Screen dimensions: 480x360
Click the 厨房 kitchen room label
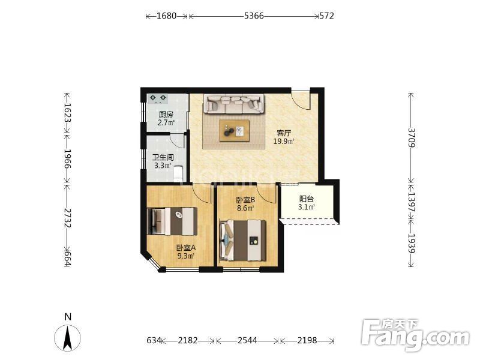coord(166,115)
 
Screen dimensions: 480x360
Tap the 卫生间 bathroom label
coord(163,158)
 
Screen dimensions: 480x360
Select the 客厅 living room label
coord(284,133)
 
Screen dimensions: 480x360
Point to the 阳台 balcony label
coord(307,199)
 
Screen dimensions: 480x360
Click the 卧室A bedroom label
coord(186,248)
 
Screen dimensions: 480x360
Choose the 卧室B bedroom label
coord(245,200)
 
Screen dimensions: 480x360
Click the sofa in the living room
coord(233,104)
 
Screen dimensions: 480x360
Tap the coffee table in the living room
coord(234,130)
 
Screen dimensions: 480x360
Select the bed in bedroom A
coord(172,221)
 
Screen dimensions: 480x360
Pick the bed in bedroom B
coord(243,241)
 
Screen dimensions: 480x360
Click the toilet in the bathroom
coord(178,173)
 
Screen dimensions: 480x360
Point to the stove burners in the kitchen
coord(158,98)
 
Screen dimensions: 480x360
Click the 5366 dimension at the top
coord(254,16)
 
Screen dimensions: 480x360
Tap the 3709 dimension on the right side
coord(412,138)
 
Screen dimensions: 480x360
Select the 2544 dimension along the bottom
coord(247,340)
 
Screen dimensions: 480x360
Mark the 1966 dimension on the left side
coord(67,159)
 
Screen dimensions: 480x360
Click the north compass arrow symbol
coord(68,338)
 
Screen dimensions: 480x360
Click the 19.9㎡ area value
coord(284,142)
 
